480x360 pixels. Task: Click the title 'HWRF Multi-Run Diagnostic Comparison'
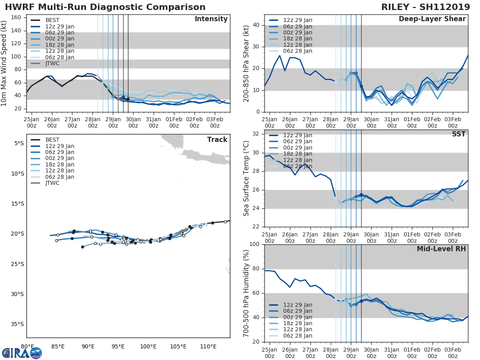pos(105,7)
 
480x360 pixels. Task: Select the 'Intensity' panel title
pos(211,19)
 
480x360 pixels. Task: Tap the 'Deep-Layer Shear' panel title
pos(432,19)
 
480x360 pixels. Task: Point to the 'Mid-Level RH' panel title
pos(441,249)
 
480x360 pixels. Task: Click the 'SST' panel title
pos(459,134)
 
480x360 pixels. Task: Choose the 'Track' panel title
pos(217,140)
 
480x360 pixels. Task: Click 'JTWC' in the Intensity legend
pos(52,64)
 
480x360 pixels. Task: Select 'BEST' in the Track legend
pos(52,140)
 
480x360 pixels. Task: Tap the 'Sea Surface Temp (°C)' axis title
pos(247,178)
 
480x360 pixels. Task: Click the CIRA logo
pos(22,353)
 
